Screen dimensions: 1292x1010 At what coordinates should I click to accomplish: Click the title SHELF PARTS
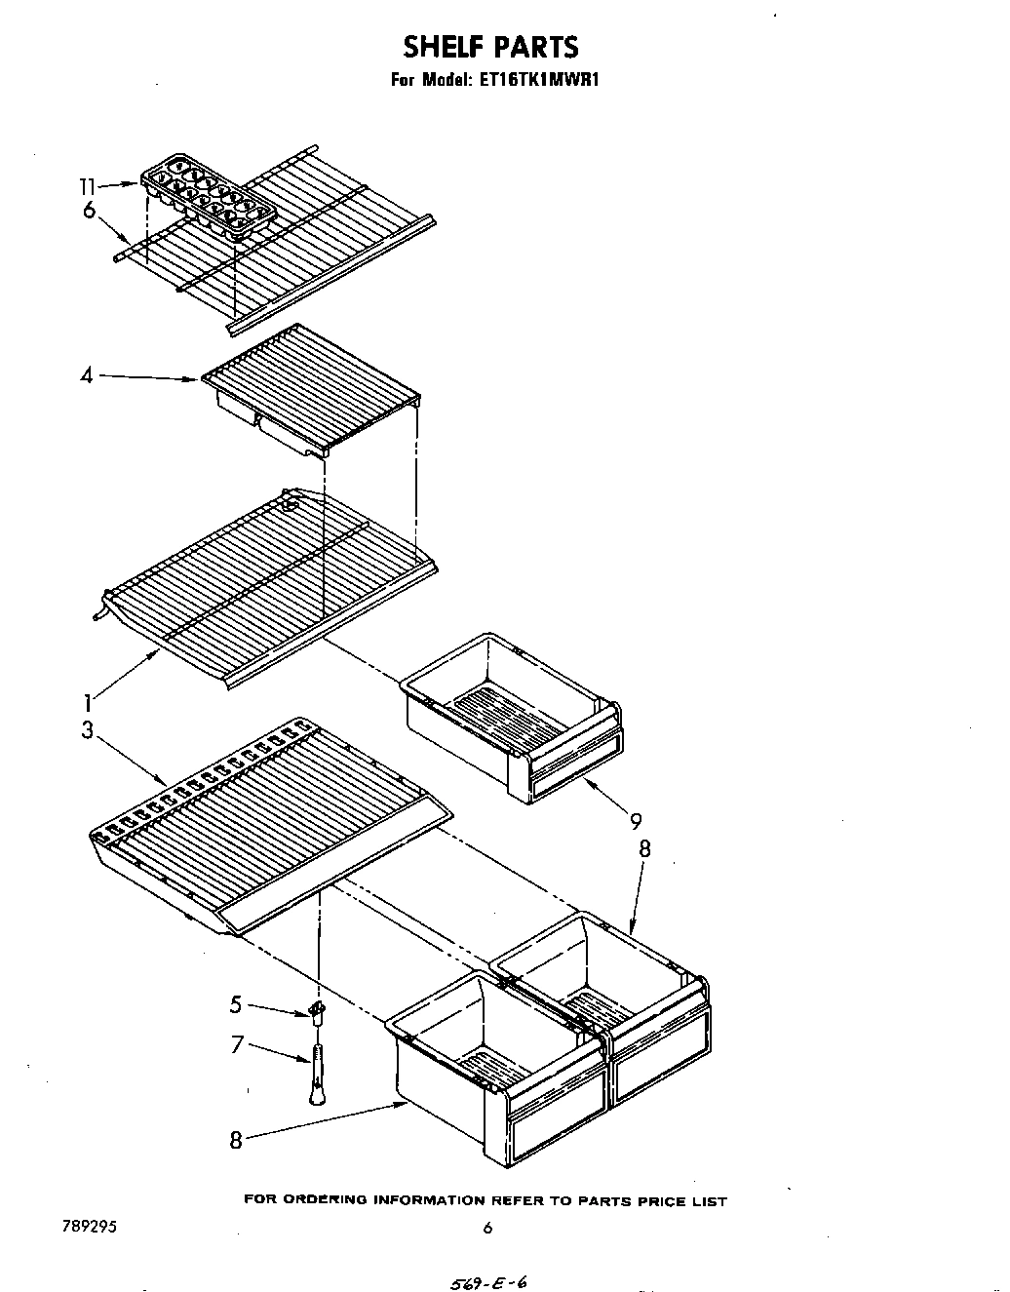(x=490, y=47)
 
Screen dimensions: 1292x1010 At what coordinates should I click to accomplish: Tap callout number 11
(x=88, y=185)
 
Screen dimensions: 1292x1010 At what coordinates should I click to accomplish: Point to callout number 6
(x=89, y=210)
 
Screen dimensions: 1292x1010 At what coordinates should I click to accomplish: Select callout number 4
(x=87, y=374)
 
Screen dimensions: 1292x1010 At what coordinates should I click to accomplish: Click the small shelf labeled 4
(x=312, y=390)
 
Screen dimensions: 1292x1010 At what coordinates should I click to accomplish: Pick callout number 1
(x=87, y=701)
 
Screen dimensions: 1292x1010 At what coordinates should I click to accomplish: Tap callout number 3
(x=87, y=728)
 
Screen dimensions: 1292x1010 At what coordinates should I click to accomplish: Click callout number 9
(x=636, y=821)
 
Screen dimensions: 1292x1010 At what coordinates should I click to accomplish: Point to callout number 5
(x=236, y=1002)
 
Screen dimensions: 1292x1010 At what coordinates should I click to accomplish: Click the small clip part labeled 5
(x=316, y=1011)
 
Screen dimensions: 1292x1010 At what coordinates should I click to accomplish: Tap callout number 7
(x=236, y=1045)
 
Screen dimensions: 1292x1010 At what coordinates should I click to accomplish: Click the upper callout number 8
(x=644, y=848)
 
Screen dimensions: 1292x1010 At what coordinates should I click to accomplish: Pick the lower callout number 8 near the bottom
(x=235, y=1138)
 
